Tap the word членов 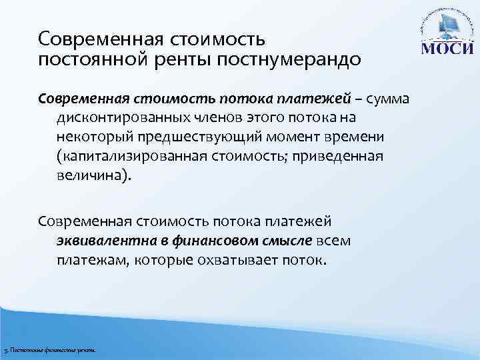pos(205,118)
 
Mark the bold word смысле pos(280,239)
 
